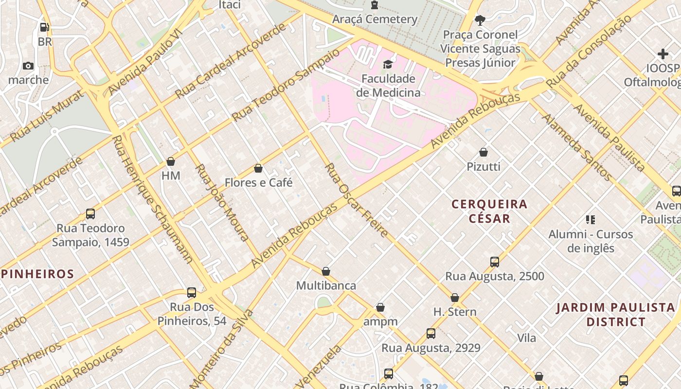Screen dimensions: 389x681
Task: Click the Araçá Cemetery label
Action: click(375, 19)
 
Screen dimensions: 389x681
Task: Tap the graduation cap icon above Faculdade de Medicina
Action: click(388, 64)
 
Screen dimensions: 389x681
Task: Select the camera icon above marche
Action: click(28, 66)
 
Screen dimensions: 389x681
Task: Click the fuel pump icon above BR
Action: click(44, 28)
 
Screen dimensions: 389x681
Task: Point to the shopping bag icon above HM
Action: click(171, 161)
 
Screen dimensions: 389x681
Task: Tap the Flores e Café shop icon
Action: click(258, 169)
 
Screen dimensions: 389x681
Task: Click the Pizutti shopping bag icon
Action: click(484, 153)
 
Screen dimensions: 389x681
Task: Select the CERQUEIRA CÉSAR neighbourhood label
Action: click(490, 211)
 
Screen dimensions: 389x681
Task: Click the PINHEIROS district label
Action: click(37, 274)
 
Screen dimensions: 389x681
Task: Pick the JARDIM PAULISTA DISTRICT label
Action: click(616, 315)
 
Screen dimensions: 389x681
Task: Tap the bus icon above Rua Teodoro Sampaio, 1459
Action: click(90, 214)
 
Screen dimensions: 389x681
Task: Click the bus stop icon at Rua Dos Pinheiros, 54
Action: click(192, 293)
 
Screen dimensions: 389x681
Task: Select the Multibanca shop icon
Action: click(326, 271)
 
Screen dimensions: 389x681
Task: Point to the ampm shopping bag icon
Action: click(380, 308)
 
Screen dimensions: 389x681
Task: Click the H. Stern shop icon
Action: click(455, 298)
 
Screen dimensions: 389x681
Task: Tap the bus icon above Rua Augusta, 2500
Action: click(495, 262)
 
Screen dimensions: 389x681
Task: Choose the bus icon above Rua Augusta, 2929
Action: click(431, 334)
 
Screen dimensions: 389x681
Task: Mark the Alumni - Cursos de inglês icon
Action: click(591, 220)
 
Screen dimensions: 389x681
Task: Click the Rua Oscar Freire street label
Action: click(356, 200)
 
